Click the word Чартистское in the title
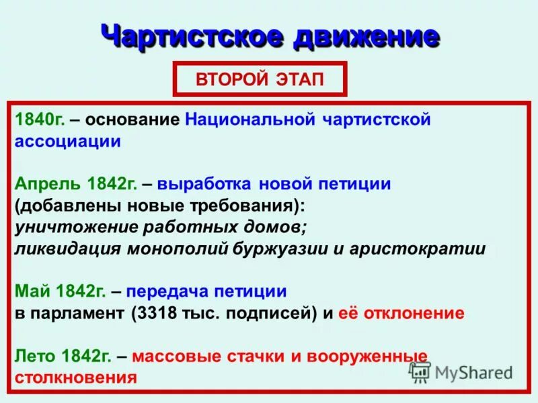coord(190,36)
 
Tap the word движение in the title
coord(366,36)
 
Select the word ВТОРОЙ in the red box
coord(229,80)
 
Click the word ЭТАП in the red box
coord(299,80)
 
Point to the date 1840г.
coord(40,120)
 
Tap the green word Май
coord(30,291)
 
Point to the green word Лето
coord(34,355)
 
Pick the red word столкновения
coord(75,377)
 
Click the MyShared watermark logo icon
coord(420,371)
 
